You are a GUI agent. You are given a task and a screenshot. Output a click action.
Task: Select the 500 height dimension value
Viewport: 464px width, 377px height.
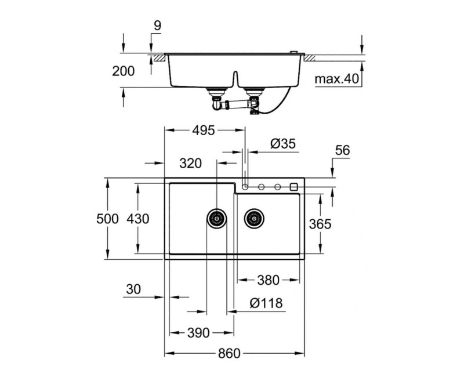tap(108, 219)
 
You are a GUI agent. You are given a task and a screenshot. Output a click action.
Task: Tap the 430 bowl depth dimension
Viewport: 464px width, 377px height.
tap(138, 219)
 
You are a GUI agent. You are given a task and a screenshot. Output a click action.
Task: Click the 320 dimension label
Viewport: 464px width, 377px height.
tap(190, 164)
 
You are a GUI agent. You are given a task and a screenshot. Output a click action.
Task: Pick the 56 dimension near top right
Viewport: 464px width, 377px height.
tap(342, 150)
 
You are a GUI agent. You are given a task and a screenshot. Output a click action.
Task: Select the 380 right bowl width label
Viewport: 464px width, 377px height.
tap(269, 280)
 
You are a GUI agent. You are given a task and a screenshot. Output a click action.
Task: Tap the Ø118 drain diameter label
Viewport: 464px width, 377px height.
tap(266, 303)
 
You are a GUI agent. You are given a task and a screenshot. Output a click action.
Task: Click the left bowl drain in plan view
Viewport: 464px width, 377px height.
tap(217, 219)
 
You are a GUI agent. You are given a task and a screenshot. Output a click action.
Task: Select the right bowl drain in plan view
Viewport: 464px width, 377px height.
tap(253, 219)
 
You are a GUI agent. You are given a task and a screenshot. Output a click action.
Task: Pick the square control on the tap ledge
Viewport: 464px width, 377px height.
tap(293, 187)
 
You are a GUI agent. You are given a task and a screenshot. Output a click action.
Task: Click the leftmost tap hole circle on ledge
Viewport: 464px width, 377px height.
tap(245, 187)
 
